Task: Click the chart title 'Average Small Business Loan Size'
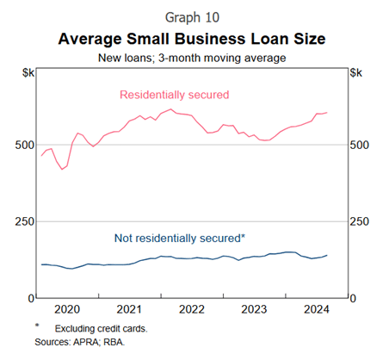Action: click(192, 39)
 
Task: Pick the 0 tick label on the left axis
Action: click(31, 298)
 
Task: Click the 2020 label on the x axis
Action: click(66, 309)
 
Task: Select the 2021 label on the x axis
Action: click(129, 309)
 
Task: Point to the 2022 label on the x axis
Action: click(191, 309)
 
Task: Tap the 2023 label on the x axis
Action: click(254, 309)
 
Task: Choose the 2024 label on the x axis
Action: click(316, 309)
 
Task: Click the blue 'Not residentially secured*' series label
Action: click(178, 238)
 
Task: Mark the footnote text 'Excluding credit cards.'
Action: click(104, 329)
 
